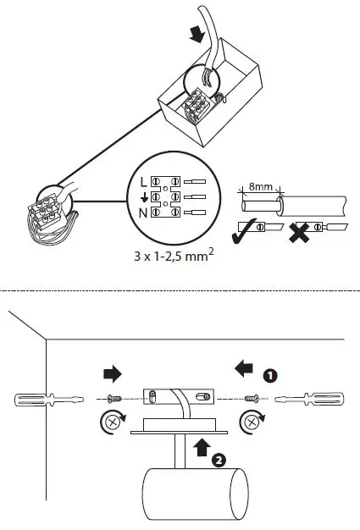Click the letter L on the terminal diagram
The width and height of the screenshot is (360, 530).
[x=141, y=181]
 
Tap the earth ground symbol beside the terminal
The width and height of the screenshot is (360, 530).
[x=142, y=197]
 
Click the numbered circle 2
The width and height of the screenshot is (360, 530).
[x=219, y=461]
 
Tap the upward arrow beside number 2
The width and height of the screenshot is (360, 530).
[x=201, y=447]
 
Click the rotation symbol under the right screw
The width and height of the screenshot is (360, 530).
[x=251, y=418]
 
